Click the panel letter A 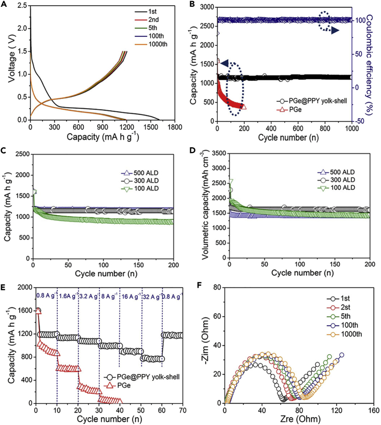pos(5,5)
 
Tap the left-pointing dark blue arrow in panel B pos(225,63)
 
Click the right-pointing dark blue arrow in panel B pos(335,31)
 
